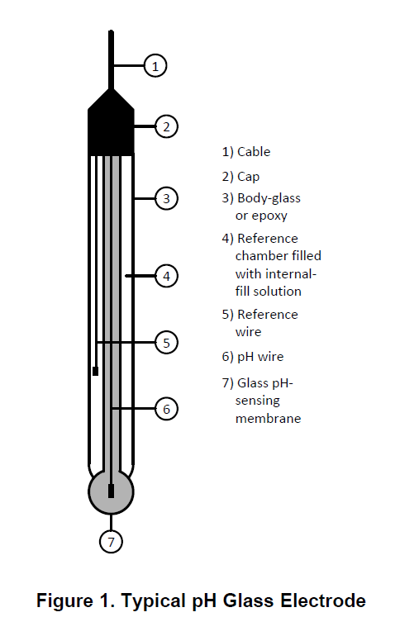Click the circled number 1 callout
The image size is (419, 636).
click(x=155, y=66)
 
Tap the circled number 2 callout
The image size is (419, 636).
click(x=166, y=126)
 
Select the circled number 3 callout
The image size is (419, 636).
click(x=166, y=198)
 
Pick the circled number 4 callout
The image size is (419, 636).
click(x=166, y=276)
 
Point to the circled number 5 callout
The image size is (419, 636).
click(x=166, y=343)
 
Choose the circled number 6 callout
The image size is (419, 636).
click(x=166, y=409)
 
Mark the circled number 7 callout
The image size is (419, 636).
click(x=111, y=542)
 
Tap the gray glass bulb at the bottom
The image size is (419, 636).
click(x=111, y=491)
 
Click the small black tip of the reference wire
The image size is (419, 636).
click(x=95, y=371)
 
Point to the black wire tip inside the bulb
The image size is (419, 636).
click(x=111, y=491)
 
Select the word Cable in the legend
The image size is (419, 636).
click(x=254, y=152)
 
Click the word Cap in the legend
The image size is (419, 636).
click(x=248, y=177)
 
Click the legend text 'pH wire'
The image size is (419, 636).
click(x=260, y=357)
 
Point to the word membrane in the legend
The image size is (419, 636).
click(x=268, y=418)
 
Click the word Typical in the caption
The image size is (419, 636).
click(x=153, y=601)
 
